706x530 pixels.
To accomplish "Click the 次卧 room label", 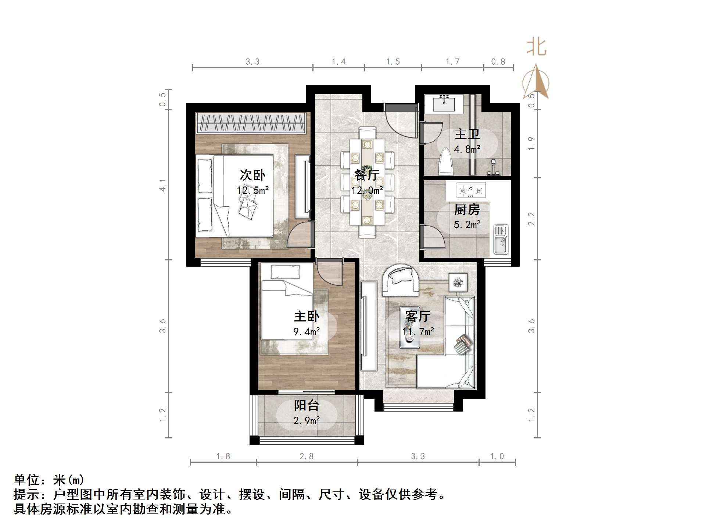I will [252, 175].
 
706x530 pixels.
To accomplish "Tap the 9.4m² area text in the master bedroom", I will [306, 332].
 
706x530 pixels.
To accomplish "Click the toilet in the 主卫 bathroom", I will [446, 161].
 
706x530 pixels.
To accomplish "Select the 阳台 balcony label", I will [306, 405].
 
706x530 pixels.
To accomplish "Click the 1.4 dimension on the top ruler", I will [338, 62].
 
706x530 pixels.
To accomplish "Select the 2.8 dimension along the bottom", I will [306, 456].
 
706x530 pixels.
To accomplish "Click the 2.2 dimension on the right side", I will [531, 219].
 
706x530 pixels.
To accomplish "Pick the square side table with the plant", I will [458, 282].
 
